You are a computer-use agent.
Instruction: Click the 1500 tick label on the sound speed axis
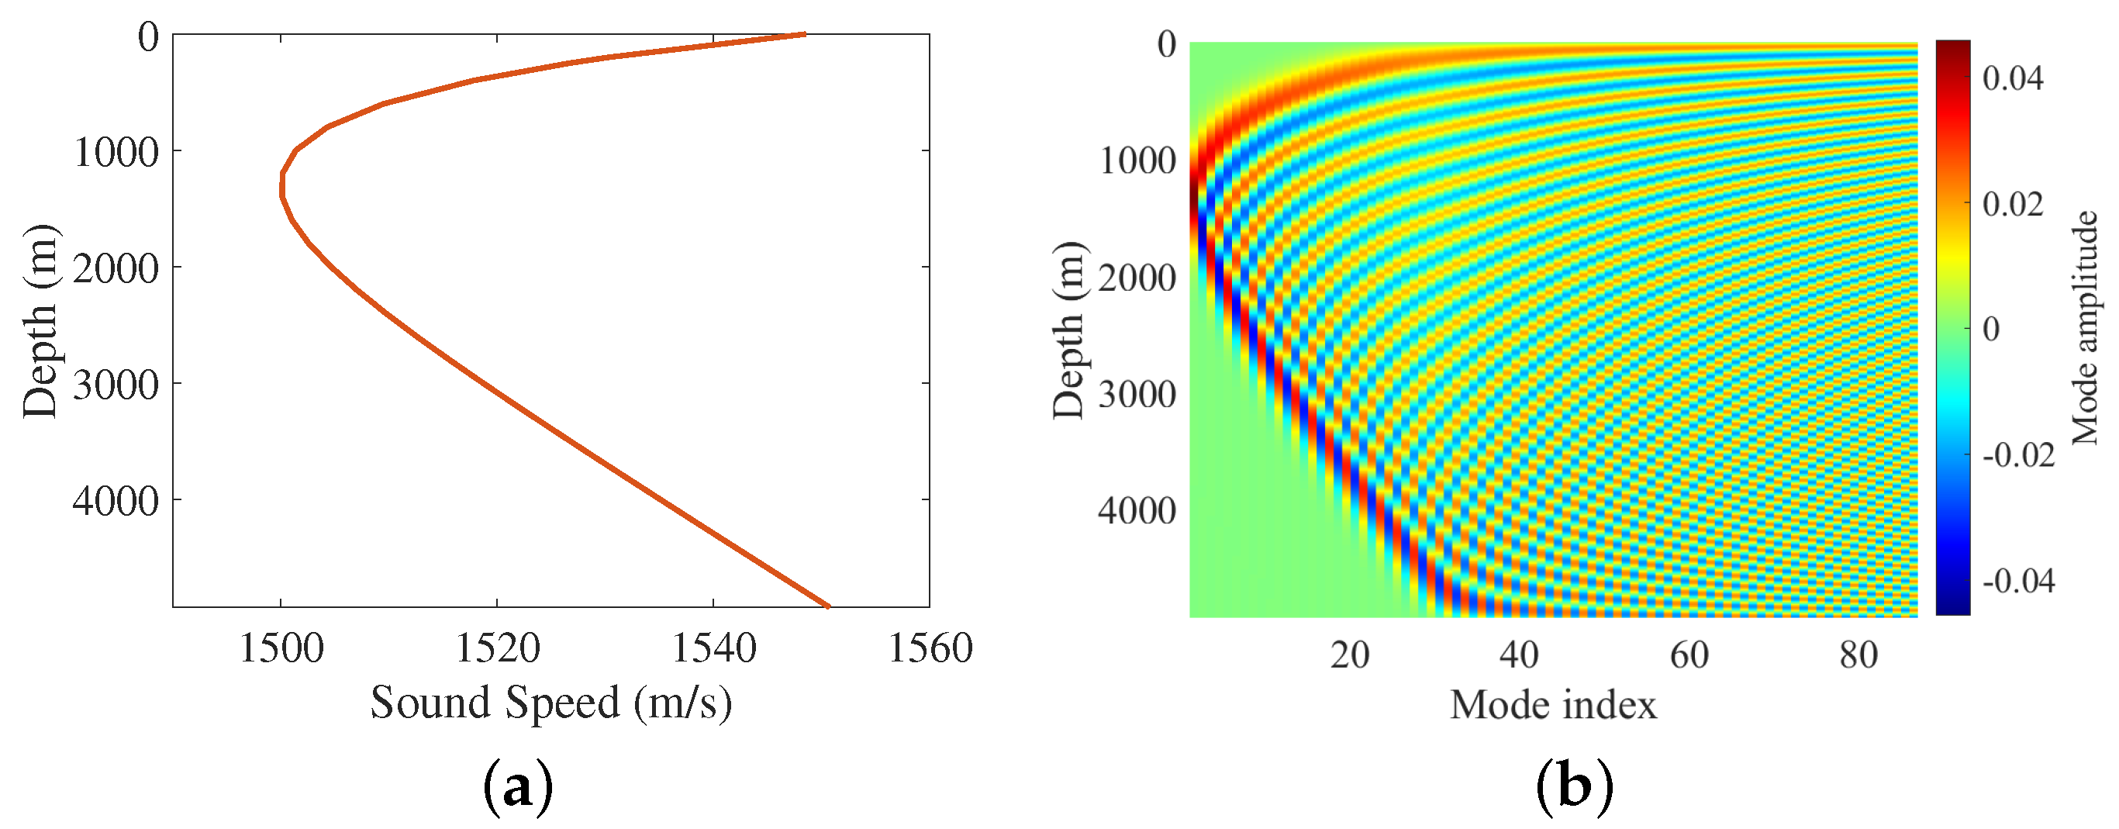pos(281,649)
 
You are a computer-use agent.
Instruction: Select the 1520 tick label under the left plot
pos(498,649)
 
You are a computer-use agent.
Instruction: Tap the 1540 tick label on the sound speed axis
pos(714,649)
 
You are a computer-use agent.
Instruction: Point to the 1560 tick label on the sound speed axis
pos(930,649)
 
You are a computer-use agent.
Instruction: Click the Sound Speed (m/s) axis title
pos(550,703)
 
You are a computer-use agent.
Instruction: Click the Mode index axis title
pos(1552,706)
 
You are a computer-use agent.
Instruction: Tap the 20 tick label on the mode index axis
pos(1350,655)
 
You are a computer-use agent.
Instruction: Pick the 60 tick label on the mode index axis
pos(1689,655)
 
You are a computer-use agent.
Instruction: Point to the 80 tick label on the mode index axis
pos(1858,655)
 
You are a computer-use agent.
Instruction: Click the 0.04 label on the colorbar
pos(2012,79)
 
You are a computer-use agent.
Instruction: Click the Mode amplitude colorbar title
pos(2083,327)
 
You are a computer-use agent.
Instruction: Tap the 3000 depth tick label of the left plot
pos(116,385)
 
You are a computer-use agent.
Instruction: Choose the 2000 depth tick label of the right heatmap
pos(1137,279)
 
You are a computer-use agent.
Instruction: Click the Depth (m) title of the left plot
pos(40,321)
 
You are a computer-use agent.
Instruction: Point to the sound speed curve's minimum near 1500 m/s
pos(282,186)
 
